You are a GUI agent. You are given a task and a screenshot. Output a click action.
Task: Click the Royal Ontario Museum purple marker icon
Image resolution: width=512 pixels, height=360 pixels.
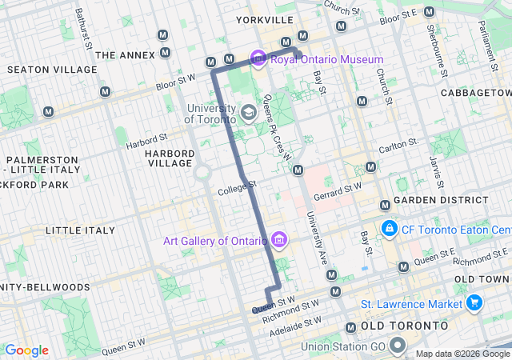[258, 58]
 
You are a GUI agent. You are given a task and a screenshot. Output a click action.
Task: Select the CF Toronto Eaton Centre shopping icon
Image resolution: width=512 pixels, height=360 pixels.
[389, 229]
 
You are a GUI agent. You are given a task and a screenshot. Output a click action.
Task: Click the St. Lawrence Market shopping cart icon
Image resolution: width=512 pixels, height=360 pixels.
[475, 304]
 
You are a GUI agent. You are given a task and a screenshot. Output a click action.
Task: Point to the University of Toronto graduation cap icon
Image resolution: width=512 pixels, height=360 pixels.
[249, 111]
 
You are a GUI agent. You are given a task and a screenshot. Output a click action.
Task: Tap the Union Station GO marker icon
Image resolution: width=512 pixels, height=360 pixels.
[398, 346]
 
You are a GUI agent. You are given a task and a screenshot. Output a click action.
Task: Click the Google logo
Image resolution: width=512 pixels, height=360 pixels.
[27, 350]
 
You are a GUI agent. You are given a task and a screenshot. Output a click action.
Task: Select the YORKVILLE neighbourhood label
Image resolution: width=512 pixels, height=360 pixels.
[266, 18]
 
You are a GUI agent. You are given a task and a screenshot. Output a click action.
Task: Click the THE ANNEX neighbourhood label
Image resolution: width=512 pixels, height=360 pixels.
[124, 55]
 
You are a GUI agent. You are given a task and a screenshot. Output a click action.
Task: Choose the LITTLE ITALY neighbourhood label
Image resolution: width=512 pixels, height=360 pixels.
[81, 230]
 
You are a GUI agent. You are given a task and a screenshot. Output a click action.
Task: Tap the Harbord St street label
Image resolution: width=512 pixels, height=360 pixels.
[147, 142]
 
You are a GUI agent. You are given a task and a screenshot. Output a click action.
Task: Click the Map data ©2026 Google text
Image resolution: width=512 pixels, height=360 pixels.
[462, 354]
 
